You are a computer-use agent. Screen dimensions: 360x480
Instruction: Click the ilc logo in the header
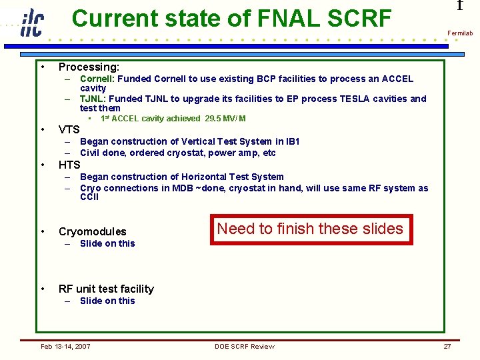tap(31, 23)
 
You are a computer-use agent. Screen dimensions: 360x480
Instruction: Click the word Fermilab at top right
tap(460, 33)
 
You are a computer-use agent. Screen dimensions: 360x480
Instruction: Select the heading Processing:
tap(89, 67)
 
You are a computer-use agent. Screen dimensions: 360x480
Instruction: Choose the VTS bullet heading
tap(69, 129)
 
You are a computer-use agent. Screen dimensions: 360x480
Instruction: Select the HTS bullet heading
tap(69, 165)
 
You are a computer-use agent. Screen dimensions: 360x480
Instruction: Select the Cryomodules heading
tap(92, 232)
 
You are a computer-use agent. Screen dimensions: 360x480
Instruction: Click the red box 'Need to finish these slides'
tap(310, 229)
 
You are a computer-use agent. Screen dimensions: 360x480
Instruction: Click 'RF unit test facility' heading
tap(106, 289)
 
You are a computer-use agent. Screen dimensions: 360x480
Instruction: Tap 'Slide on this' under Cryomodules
tap(107, 243)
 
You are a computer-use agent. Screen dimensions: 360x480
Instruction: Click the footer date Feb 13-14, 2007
tap(65, 346)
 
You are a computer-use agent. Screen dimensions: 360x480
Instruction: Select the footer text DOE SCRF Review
tap(244, 346)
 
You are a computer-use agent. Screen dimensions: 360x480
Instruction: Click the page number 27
tap(447, 346)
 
